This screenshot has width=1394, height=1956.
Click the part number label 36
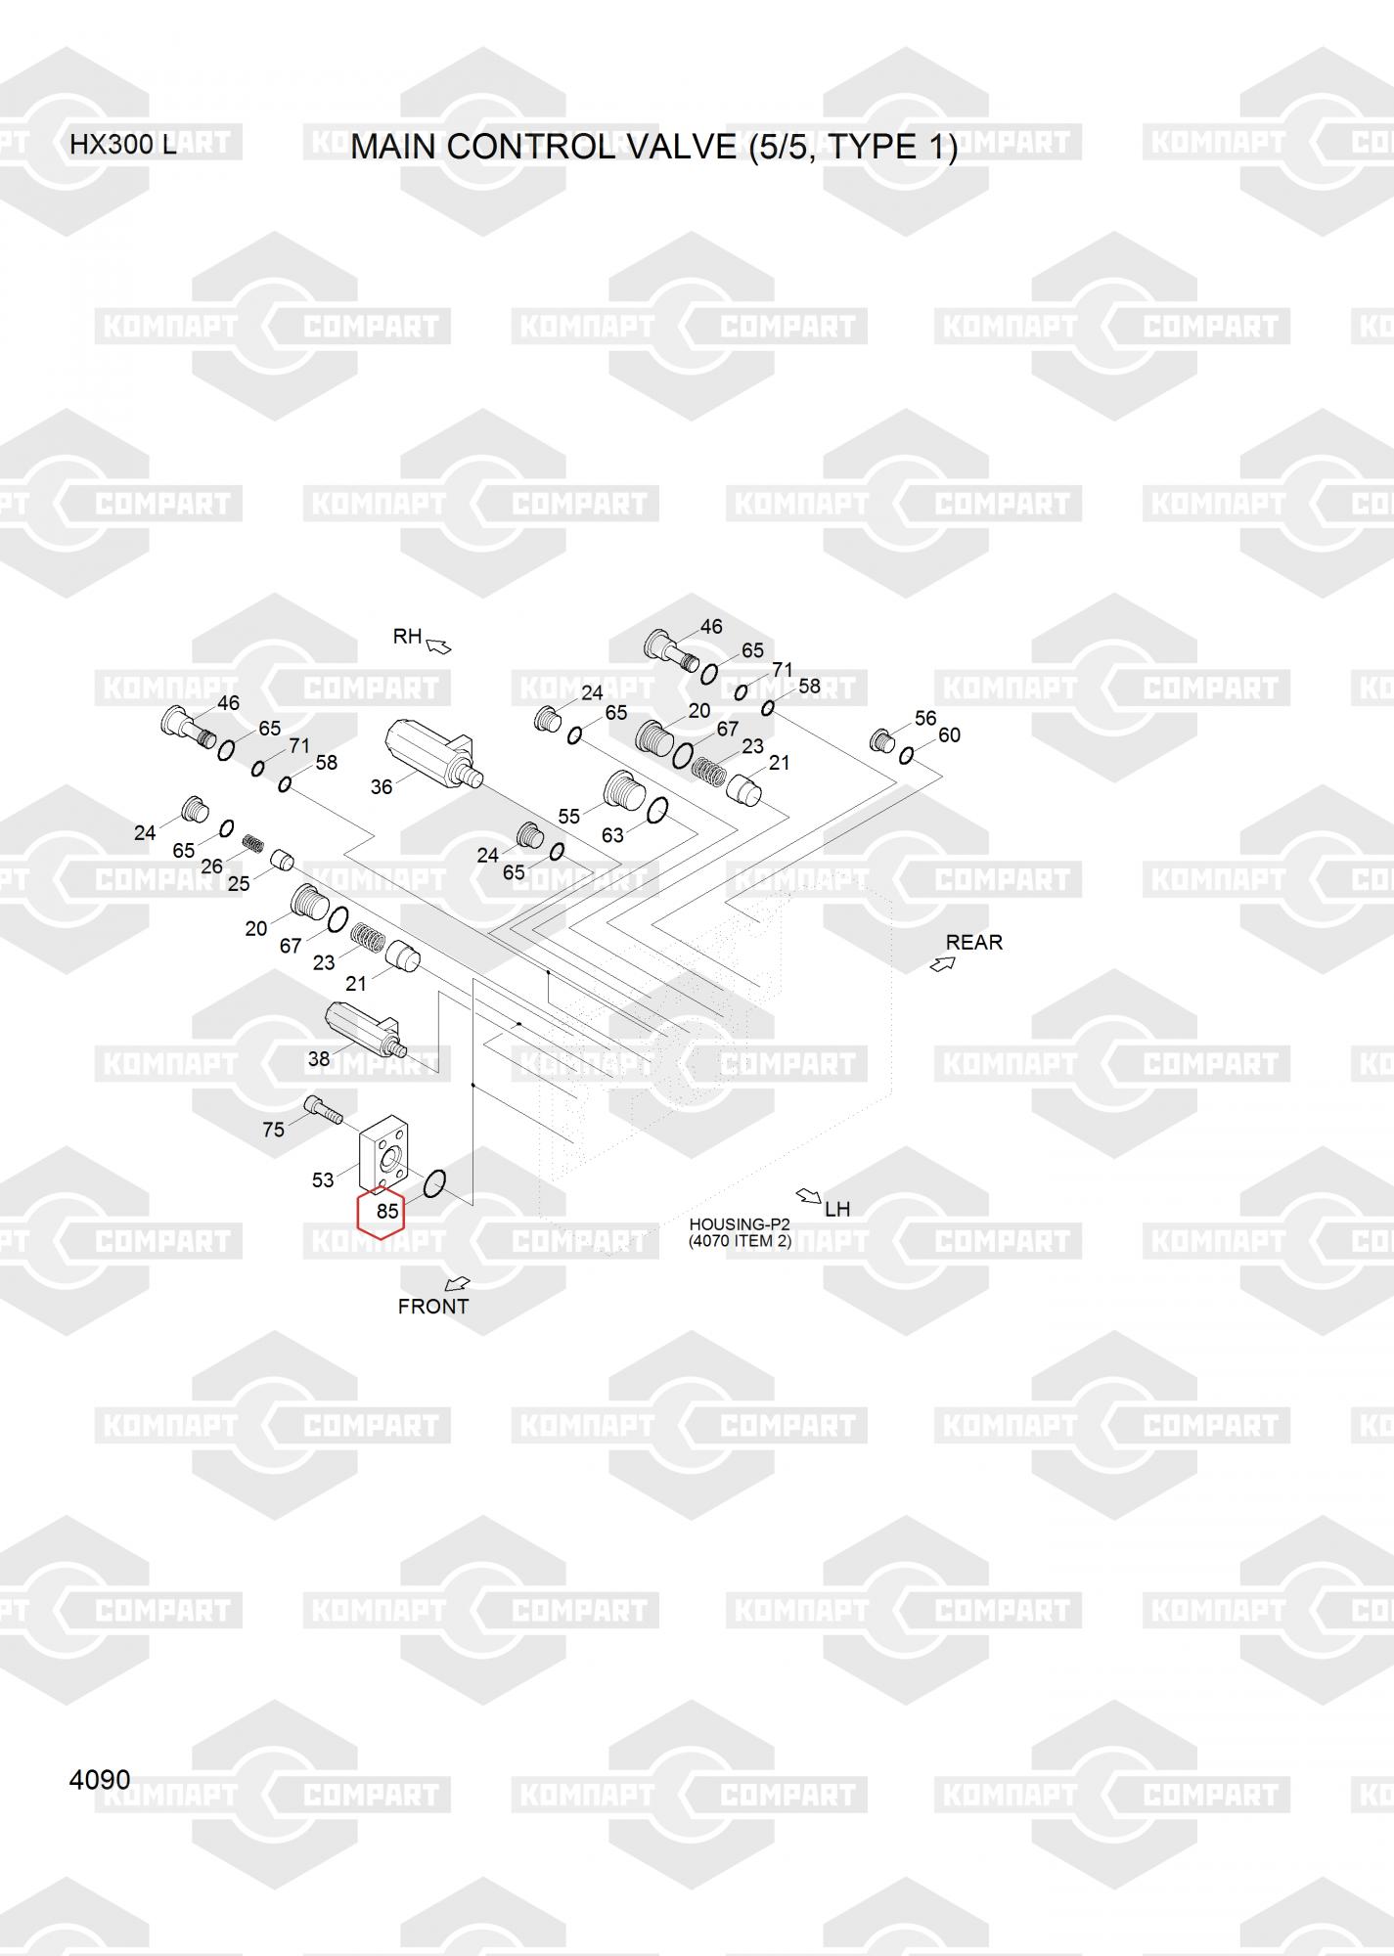(381, 786)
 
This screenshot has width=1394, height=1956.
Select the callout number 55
(568, 817)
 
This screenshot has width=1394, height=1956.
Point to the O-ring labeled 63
(658, 810)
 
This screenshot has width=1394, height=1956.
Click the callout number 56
(925, 718)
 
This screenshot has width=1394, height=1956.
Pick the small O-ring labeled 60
(907, 754)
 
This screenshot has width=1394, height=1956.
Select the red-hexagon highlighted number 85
(386, 1211)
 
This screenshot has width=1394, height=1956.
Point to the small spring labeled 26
(254, 843)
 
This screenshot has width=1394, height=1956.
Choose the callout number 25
(239, 882)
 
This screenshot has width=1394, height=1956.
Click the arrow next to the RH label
(438, 645)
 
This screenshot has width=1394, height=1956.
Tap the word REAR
(973, 942)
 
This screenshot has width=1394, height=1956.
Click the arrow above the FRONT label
(457, 1283)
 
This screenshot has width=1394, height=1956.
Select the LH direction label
(837, 1209)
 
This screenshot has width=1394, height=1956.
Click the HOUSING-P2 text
(739, 1223)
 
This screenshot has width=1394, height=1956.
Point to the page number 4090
(99, 1779)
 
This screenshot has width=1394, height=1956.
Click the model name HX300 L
(122, 145)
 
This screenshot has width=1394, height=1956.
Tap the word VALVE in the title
(681, 147)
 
